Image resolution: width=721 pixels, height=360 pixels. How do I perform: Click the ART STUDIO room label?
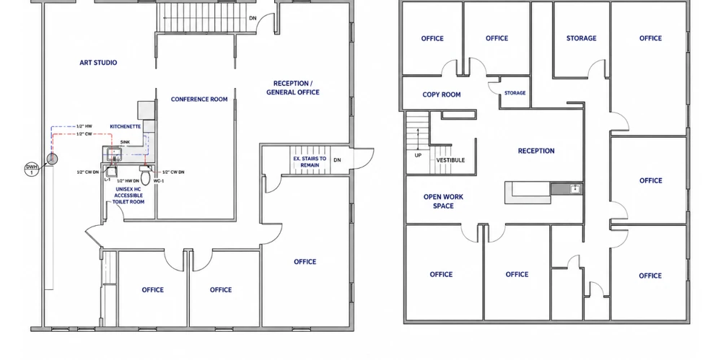tap(98, 63)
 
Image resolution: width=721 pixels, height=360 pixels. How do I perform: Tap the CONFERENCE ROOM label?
tap(199, 100)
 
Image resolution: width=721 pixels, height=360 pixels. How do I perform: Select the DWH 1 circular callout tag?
tap(31, 170)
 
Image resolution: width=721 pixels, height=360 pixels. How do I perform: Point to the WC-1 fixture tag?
tap(159, 181)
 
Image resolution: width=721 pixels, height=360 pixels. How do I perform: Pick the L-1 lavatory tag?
tap(108, 180)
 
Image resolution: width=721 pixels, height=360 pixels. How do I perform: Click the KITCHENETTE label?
tap(125, 126)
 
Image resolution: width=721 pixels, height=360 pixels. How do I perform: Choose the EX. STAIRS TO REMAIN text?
tap(310, 162)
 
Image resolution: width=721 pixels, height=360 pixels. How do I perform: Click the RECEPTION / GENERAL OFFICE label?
tap(293, 88)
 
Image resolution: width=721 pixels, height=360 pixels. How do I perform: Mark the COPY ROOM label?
tap(442, 95)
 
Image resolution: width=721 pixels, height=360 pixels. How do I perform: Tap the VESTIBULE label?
tap(450, 160)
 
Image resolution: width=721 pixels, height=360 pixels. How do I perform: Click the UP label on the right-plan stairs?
tap(418, 155)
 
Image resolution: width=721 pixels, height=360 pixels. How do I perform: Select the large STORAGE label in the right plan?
tap(581, 38)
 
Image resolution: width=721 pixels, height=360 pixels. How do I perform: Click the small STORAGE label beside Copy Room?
tap(515, 93)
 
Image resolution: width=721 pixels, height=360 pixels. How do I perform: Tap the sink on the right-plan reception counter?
tap(574, 188)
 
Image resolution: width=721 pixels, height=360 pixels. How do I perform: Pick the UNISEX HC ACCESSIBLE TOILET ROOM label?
tap(129, 196)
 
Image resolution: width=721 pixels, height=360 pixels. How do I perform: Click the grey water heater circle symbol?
tap(53, 159)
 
